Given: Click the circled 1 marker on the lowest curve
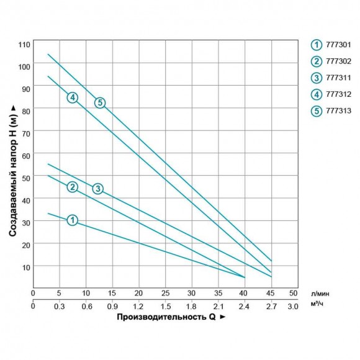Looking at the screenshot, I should click(x=73, y=220).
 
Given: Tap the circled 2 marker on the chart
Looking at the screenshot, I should click(x=73, y=187).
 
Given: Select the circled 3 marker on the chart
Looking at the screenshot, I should click(x=97, y=188).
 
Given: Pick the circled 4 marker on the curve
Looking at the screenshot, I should click(x=73, y=97).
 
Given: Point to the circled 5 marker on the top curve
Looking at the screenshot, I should click(x=99, y=102).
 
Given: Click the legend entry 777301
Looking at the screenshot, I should click(x=334, y=45).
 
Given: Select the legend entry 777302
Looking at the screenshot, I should click(x=334, y=61).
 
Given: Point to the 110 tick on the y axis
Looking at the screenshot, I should click(x=24, y=44).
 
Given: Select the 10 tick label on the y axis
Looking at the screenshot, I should click(x=26, y=266).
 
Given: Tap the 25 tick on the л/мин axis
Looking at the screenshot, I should click(x=165, y=292).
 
